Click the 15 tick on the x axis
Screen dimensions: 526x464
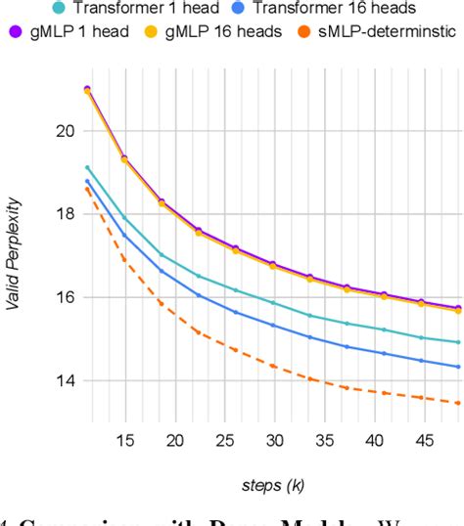coord(124,414)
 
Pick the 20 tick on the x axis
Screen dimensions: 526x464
coord(174,414)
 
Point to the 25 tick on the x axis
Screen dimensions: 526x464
coord(225,414)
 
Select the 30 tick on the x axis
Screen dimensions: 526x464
coord(275,414)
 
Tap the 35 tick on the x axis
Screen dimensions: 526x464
coord(326,414)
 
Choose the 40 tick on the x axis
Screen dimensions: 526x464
coord(376,414)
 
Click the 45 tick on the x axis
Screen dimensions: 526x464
coord(427,414)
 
